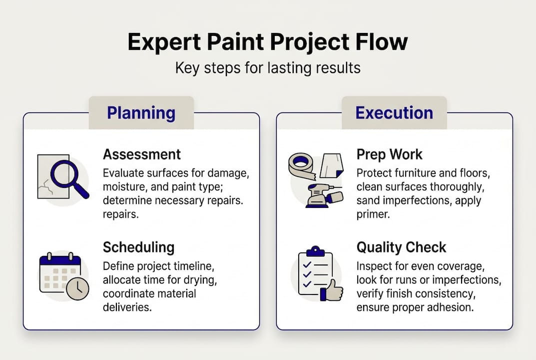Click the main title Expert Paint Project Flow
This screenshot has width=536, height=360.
[x=268, y=42]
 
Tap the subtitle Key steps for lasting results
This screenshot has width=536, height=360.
[x=268, y=67]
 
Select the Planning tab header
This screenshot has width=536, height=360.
[x=141, y=113]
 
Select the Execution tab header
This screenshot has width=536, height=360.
[x=394, y=113]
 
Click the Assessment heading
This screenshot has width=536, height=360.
[x=142, y=154]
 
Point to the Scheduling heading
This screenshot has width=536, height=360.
[x=138, y=247]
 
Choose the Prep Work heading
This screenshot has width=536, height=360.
[x=390, y=154]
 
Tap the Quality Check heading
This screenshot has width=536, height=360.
[x=401, y=247]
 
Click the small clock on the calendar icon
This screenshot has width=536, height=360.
[x=77, y=288]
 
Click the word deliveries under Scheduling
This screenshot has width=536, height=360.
[x=126, y=306]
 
